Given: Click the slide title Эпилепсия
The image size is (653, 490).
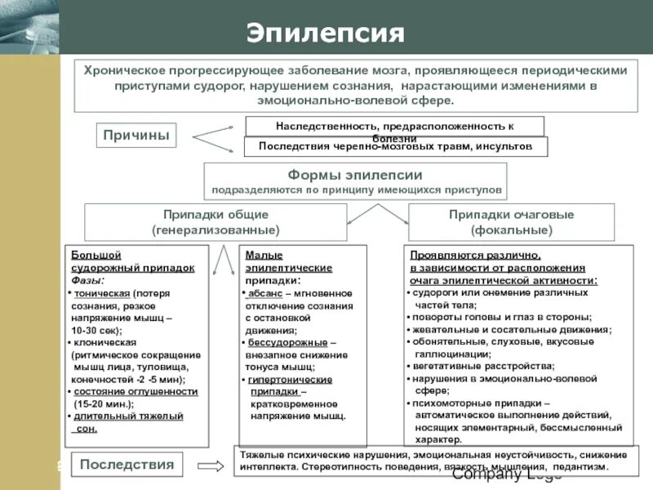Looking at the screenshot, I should pyautogui.click(x=326, y=33).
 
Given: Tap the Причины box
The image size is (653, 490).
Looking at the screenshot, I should pyautogui.click(x=136, y=136).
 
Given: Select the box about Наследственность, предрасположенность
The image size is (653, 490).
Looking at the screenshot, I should pyautogui.click(x=394, y=127).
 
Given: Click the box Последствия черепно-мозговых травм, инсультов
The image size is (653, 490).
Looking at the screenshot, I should pyautogui.click(x=395, y=147).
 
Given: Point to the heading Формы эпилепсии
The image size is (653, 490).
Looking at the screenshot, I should pyautogui.click(x=355, y=176).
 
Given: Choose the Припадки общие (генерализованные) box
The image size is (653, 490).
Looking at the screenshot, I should pyautogui.click(x=215, y=222).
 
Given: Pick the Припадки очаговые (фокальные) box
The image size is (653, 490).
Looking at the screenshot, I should pyautogui.click(x=511, y=222).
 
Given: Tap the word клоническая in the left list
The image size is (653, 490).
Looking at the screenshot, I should pyautogui.click(x=104, y=343).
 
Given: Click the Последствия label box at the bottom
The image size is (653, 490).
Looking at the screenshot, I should pyautogui.click(x=127, y=465).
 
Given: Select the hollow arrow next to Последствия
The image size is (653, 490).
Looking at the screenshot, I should pyautogui.click(x=211, y=466).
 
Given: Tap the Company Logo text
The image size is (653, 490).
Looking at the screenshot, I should pyautogui.click(x=506, y=474).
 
